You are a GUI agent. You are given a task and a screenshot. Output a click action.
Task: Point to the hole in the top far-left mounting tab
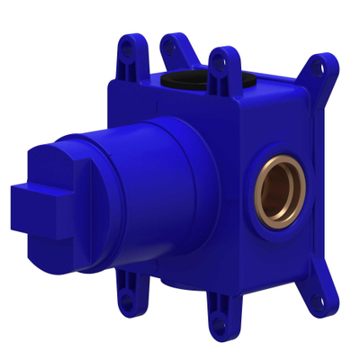tap(125, 52)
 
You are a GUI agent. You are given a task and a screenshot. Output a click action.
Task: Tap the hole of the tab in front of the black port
tap(218, 63)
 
